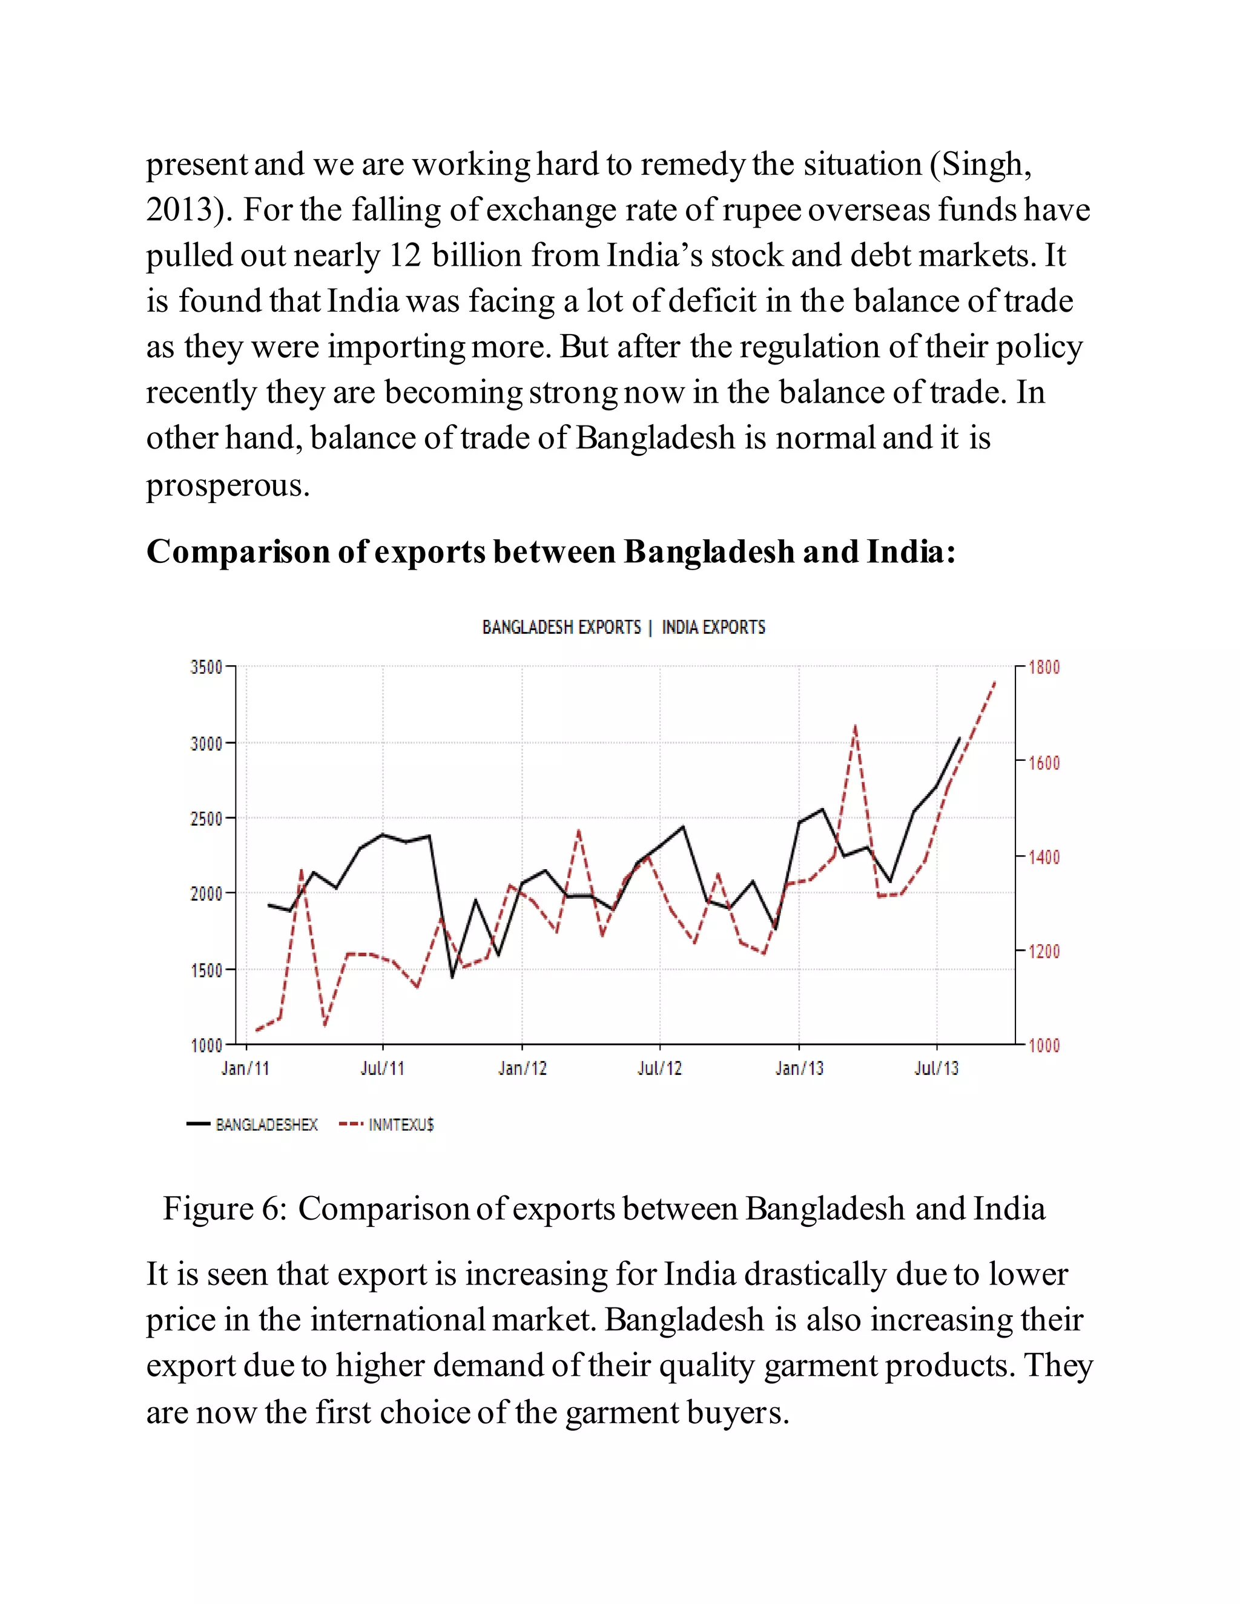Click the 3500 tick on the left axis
[x=206, y=667]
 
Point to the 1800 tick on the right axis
[x=1044, y=668]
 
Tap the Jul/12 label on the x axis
[x=660, y=1068]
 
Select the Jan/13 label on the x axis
[x=799, y=1068]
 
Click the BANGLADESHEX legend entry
[x=266, y=1125]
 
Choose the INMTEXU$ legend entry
[x=400, y=1125]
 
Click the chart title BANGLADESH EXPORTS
[x=561, y=627]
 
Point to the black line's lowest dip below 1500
[x=452, y=977]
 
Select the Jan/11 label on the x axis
[x=245, y=1068]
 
